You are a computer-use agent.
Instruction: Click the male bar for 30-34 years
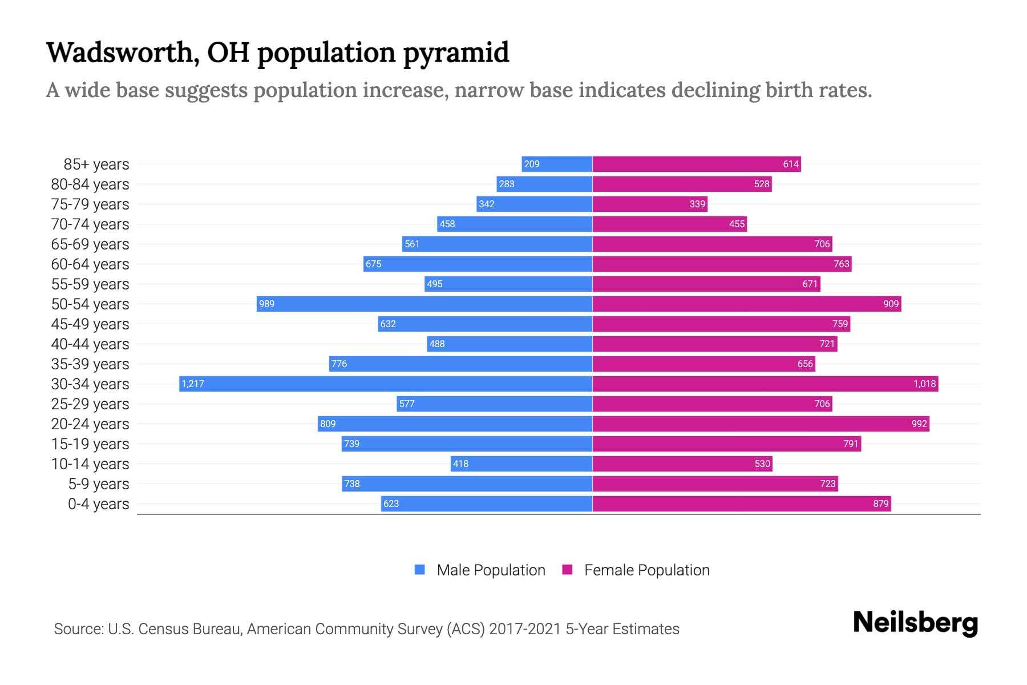pyautogui.click(x=386, y=384)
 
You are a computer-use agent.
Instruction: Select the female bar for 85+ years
pyautogui.click(x=697, y=164)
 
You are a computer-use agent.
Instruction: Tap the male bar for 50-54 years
pyautogui.click(x=424, y=304)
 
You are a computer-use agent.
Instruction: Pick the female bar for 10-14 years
pyautogui.click(x=682, y=464)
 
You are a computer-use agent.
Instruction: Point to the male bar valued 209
pyautogui.click(x=557, y=164)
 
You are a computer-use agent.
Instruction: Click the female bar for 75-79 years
pyautogui.click(x=650, y=204)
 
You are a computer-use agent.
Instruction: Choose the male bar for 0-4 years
pyautogui.click(x=487, y=503)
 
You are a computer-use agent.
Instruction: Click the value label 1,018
pyautogui.click(x=924, y=384)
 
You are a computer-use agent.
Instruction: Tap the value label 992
pyautogui.click(x=919, y=424)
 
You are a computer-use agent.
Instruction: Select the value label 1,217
pyautogui.click(x=193, y=384)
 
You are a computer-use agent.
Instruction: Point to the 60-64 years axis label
pyautogui.click(x=90, y=264)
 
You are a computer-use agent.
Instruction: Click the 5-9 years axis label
pyautogui.click(x=99, y=484)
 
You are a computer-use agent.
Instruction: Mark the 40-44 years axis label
pyautogui.click(x=90, y=344)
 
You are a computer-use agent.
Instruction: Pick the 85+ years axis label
pyautogui.click(x=96, y=164)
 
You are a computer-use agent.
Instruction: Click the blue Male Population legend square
pyautogui.click(x=420, y=570)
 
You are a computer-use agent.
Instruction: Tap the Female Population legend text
pyautogui.click(x=646, y=570)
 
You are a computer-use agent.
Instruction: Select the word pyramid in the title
pyautogui.click(x=456, y=53)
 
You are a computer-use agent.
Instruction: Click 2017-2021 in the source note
pyautogui.click(x=525, y=629)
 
